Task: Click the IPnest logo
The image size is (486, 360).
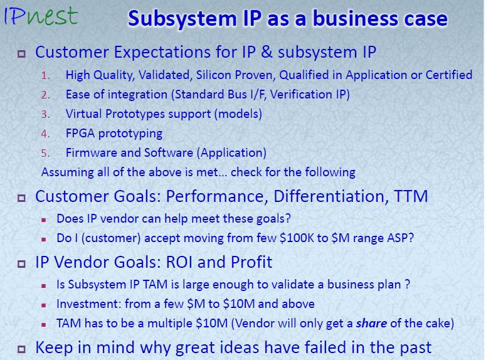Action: (x=41, y=16)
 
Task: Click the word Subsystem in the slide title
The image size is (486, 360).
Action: (x=183, y=19)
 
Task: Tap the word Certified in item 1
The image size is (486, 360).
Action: (x=449, y=75)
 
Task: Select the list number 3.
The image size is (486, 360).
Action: (x=45, y=114)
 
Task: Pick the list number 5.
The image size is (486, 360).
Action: (x=45, y=153)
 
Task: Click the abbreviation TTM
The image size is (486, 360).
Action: (x=410, y=196)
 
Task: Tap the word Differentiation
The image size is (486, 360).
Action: (x=329, y=196)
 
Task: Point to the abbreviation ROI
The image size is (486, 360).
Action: (x=179, y=262)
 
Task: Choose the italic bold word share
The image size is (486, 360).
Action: (x=371, y=324)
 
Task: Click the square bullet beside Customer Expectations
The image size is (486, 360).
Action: (x=21, y=54)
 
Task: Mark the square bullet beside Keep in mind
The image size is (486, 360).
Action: (x=21, y=349)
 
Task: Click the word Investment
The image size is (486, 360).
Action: (x=88, y=304)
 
